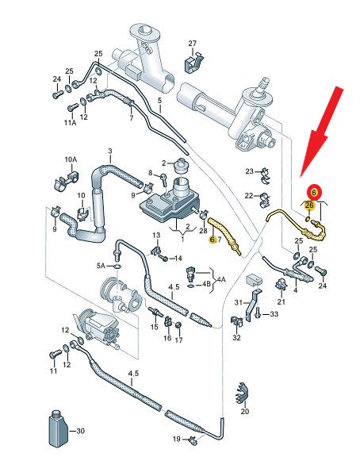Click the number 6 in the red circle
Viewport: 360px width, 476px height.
[314, 192]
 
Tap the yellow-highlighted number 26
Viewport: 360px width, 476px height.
[309, 205]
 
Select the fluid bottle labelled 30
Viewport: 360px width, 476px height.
[58, 429]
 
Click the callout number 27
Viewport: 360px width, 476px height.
[192, 44]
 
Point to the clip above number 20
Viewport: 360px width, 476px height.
[242, 393]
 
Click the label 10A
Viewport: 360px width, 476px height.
[71, 159]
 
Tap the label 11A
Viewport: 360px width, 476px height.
[70, 123]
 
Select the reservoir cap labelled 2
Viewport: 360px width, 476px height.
[182, 166]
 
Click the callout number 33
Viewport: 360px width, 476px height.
[274, 314]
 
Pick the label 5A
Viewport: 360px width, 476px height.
[101, 266]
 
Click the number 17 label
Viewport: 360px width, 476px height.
[178, 340]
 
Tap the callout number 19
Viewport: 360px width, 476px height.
[177, 439]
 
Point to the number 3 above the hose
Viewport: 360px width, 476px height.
[110, 151]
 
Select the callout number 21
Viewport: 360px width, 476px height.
[281, 301]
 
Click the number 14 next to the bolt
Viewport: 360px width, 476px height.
[178, 259]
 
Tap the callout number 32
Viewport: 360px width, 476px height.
[236, 337]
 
